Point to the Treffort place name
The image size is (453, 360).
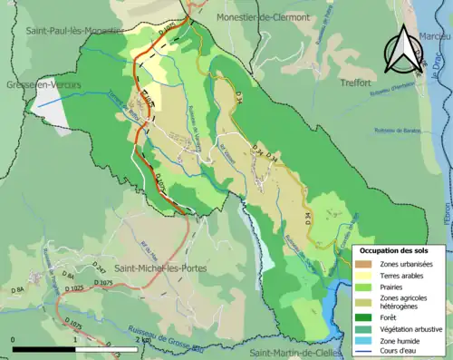(x=355, y=83)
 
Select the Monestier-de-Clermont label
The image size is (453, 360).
(x=264, y=17)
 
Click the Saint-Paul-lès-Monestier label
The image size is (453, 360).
(x=75, y=30)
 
